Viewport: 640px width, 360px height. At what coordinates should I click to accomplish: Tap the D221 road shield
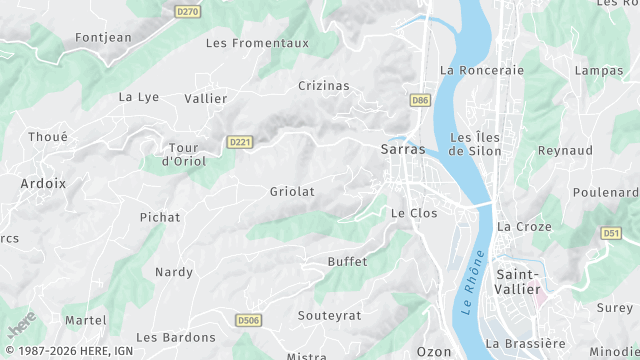pyautogui.click(x=238, y=142)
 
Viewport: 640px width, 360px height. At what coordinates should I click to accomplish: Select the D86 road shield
pyautogui.click(x=420, y=100)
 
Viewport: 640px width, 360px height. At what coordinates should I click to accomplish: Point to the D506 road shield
pyautogui.click(x=248, y=320)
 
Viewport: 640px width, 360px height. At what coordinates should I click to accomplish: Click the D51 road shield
pyautogui.click(x=613, y=233)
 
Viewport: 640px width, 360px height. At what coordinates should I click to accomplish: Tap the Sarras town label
pyautogui.click(x=403, y=150)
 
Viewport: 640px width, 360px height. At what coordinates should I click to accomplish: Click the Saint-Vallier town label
pyautogui.click(x=519, y=282)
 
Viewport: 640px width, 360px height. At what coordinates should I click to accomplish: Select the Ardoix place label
pyautogui.click(x=43, y=183)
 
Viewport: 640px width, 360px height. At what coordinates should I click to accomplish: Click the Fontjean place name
pyautogui.click(x=104, y=38)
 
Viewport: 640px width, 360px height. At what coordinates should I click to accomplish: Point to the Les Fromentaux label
pyautogui.click(x=257, y=43)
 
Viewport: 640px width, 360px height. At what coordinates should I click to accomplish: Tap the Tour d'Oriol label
pyautogui.click(x=183, y=154)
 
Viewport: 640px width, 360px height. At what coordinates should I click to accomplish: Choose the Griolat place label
pyautogui.click(x=292, y=191)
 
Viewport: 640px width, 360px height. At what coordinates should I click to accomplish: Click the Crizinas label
pyautogui.click(x=324, y=86)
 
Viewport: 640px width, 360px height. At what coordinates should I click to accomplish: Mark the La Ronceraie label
pyautogui.click(x=482, y=70)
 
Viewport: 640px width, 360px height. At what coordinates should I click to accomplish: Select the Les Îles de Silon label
pyautogui.click(x=476, y=144)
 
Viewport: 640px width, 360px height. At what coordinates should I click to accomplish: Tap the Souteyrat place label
pyautogui.click(x=329, y=315)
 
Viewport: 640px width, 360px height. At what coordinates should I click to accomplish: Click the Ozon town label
pyautogui.click(x=434, y=352)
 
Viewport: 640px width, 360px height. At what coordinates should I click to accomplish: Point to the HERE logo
pyautogui.click(x=21, y=324)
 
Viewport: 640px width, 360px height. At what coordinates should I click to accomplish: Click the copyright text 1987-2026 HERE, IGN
pyautogui.click(x=69, y=352)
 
